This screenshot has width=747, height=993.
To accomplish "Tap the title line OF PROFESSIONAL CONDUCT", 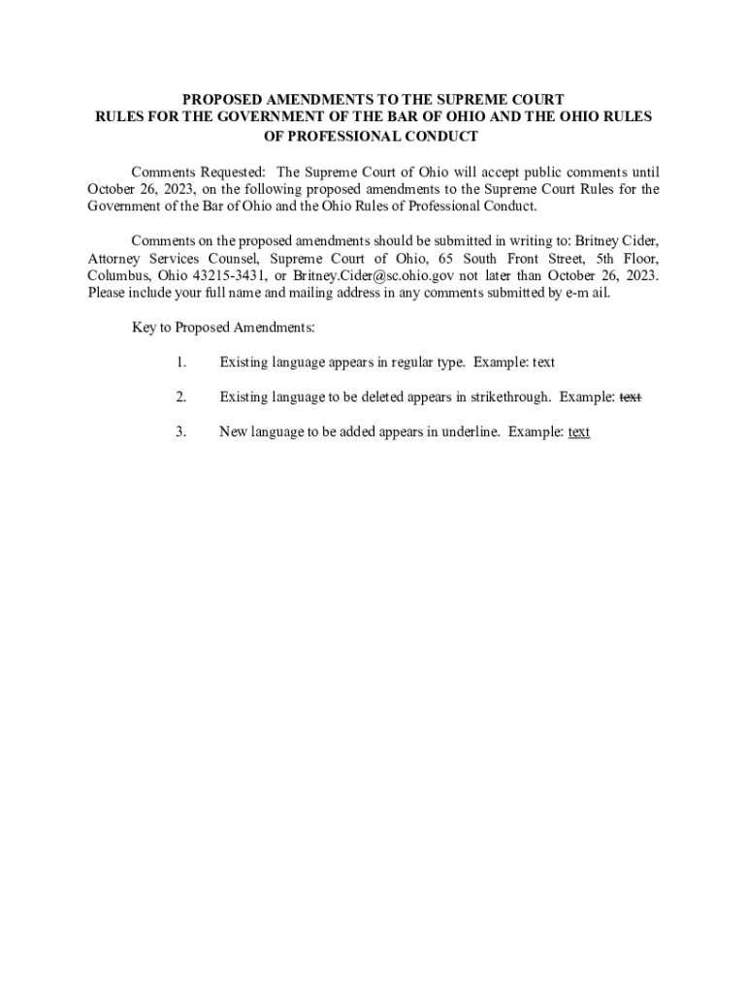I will [x=373, y=136].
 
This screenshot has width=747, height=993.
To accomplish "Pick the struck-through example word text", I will [x=631, y=397].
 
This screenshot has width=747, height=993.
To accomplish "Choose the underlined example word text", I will [x=579, y=432].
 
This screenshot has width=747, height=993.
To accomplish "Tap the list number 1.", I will [x=180, y=363].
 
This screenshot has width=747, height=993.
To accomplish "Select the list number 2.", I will [x=180, y=397].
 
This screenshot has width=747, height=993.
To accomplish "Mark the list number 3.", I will [x=180, y=432].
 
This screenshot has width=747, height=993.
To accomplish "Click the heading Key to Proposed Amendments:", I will [x=223, y=328].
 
